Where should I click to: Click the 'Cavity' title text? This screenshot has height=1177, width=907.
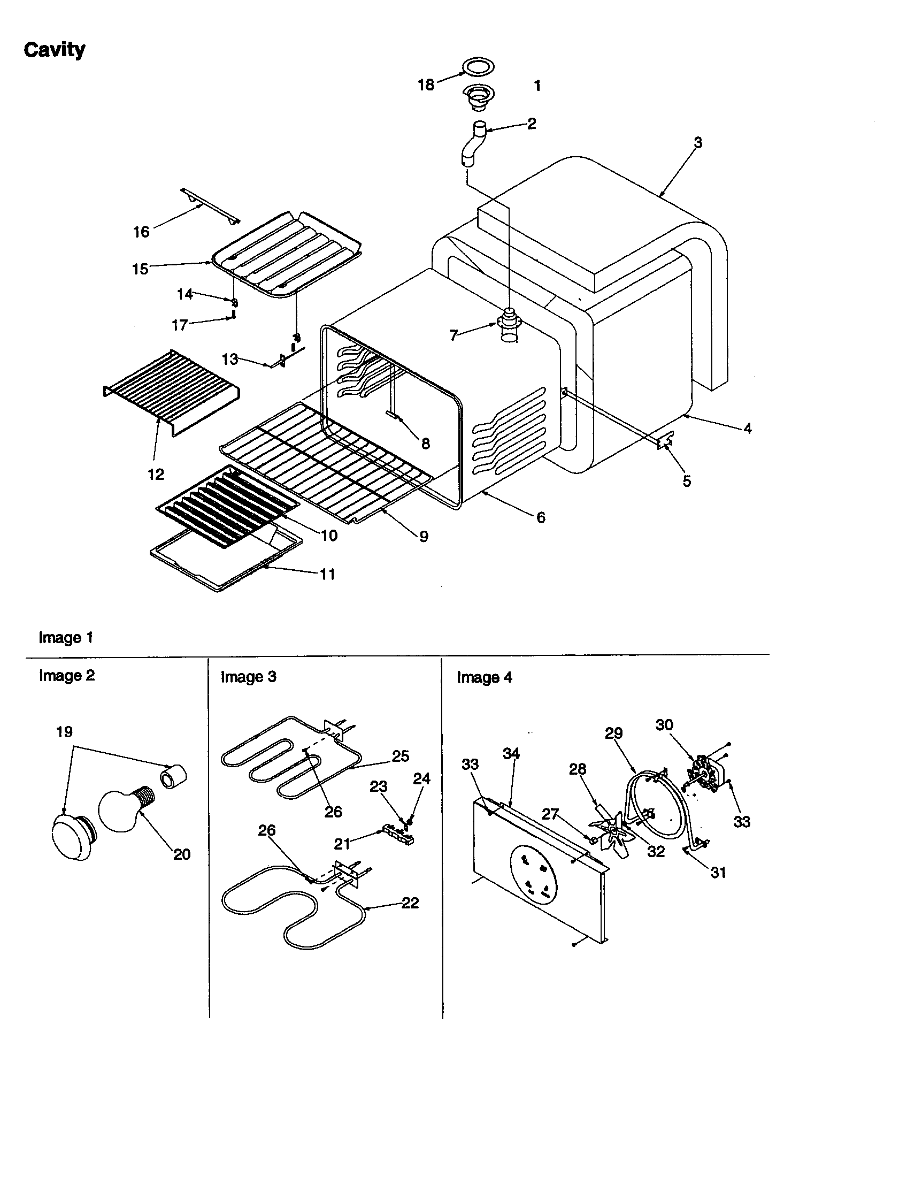[x=55, y=50]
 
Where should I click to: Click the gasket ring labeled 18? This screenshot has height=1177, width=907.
[x=478, y=67]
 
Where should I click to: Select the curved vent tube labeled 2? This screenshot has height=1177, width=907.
[x=473, y=144]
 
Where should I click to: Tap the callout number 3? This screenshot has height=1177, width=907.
[x=698, y=143]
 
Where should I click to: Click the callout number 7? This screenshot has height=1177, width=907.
[x=454, y=336]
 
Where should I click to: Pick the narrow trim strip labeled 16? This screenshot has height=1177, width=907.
[x=210, y=205]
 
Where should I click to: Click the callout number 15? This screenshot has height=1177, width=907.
[x=140, y=269]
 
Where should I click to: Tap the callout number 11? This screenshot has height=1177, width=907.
[x=327, y=575]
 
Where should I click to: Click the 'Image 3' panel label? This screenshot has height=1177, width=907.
[x=248, y=677]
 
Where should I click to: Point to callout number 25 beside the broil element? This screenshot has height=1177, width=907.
[x=400, y=756]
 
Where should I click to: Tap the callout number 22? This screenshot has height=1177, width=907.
[x=410, y=903]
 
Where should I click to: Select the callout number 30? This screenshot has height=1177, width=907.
[x=664, y=725]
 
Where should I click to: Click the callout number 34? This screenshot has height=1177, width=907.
[x=511, y=753]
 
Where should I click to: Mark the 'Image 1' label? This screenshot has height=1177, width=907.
[x=66, y=638]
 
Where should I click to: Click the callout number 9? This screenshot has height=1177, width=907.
[x=424, y=536]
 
